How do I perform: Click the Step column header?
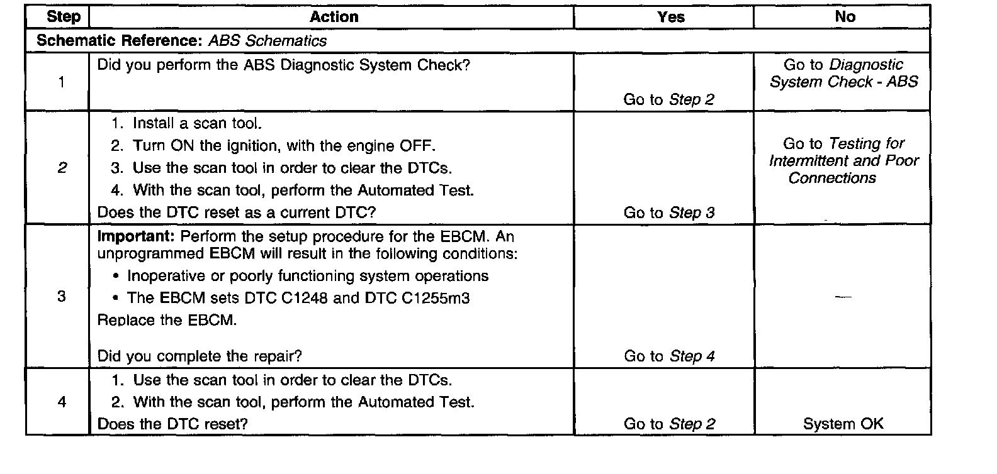[x=64, y=17]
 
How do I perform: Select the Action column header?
[x=334, y=17]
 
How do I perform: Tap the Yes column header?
[x=670, y=17]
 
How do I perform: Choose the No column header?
[x=845, y=17]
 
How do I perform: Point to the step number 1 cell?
[x=61, y=82]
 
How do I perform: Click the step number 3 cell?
[x=61, y=296]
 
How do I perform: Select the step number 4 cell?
[x=61, y=402]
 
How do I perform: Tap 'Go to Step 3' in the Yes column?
[x=669, y=212]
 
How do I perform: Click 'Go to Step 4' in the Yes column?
[x=669, y=356]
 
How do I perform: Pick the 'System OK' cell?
[x=843, y=424]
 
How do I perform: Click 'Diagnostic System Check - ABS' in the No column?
[x=844, y=74]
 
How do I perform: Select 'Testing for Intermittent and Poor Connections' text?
[x=843, y=161]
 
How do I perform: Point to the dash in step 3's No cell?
[x=843, y=296]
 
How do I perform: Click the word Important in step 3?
[x=136, y=237]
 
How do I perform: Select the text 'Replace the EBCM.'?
[x=167, y=320]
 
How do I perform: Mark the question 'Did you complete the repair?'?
[x=200, y=356]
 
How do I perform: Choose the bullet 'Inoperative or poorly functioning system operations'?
[x=307, y=276]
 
